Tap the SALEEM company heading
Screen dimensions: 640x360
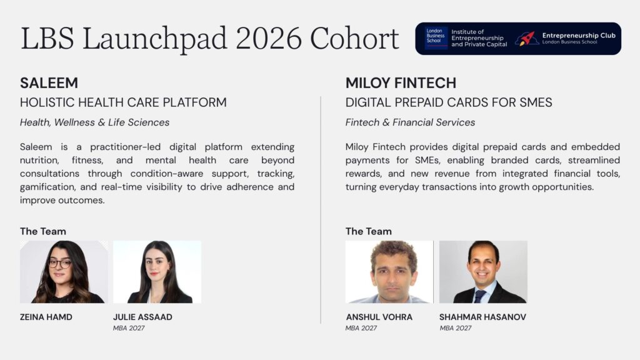pos(49,83)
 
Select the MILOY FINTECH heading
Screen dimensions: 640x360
pos(401,83)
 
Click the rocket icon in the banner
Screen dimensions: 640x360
pos(526,39)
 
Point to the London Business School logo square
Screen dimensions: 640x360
pos(436,38)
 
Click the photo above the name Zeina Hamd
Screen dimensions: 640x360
pos(64,272)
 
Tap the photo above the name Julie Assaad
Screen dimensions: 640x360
pos(157,272)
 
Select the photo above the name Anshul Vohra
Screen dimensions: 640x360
pos(389,272)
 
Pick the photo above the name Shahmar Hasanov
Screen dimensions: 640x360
pos(483,272)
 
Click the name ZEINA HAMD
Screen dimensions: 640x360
pos(46,317)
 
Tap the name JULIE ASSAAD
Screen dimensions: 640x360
pos(142,317)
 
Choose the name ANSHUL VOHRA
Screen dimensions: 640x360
pos(379,317)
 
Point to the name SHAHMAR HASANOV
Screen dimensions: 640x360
pos(482,317)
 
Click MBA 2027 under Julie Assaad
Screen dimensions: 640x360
pos(129,328)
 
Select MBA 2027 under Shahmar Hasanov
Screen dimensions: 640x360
pos(456,328)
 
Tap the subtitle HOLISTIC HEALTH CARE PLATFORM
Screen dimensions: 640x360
pos(123,102)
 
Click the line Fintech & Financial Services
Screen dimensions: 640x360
pos(410,122)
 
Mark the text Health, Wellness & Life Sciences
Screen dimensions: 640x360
pos(95,122)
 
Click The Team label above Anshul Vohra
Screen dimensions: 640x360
pos(369,231)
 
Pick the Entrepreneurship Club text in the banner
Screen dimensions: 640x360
pos(579,36)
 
